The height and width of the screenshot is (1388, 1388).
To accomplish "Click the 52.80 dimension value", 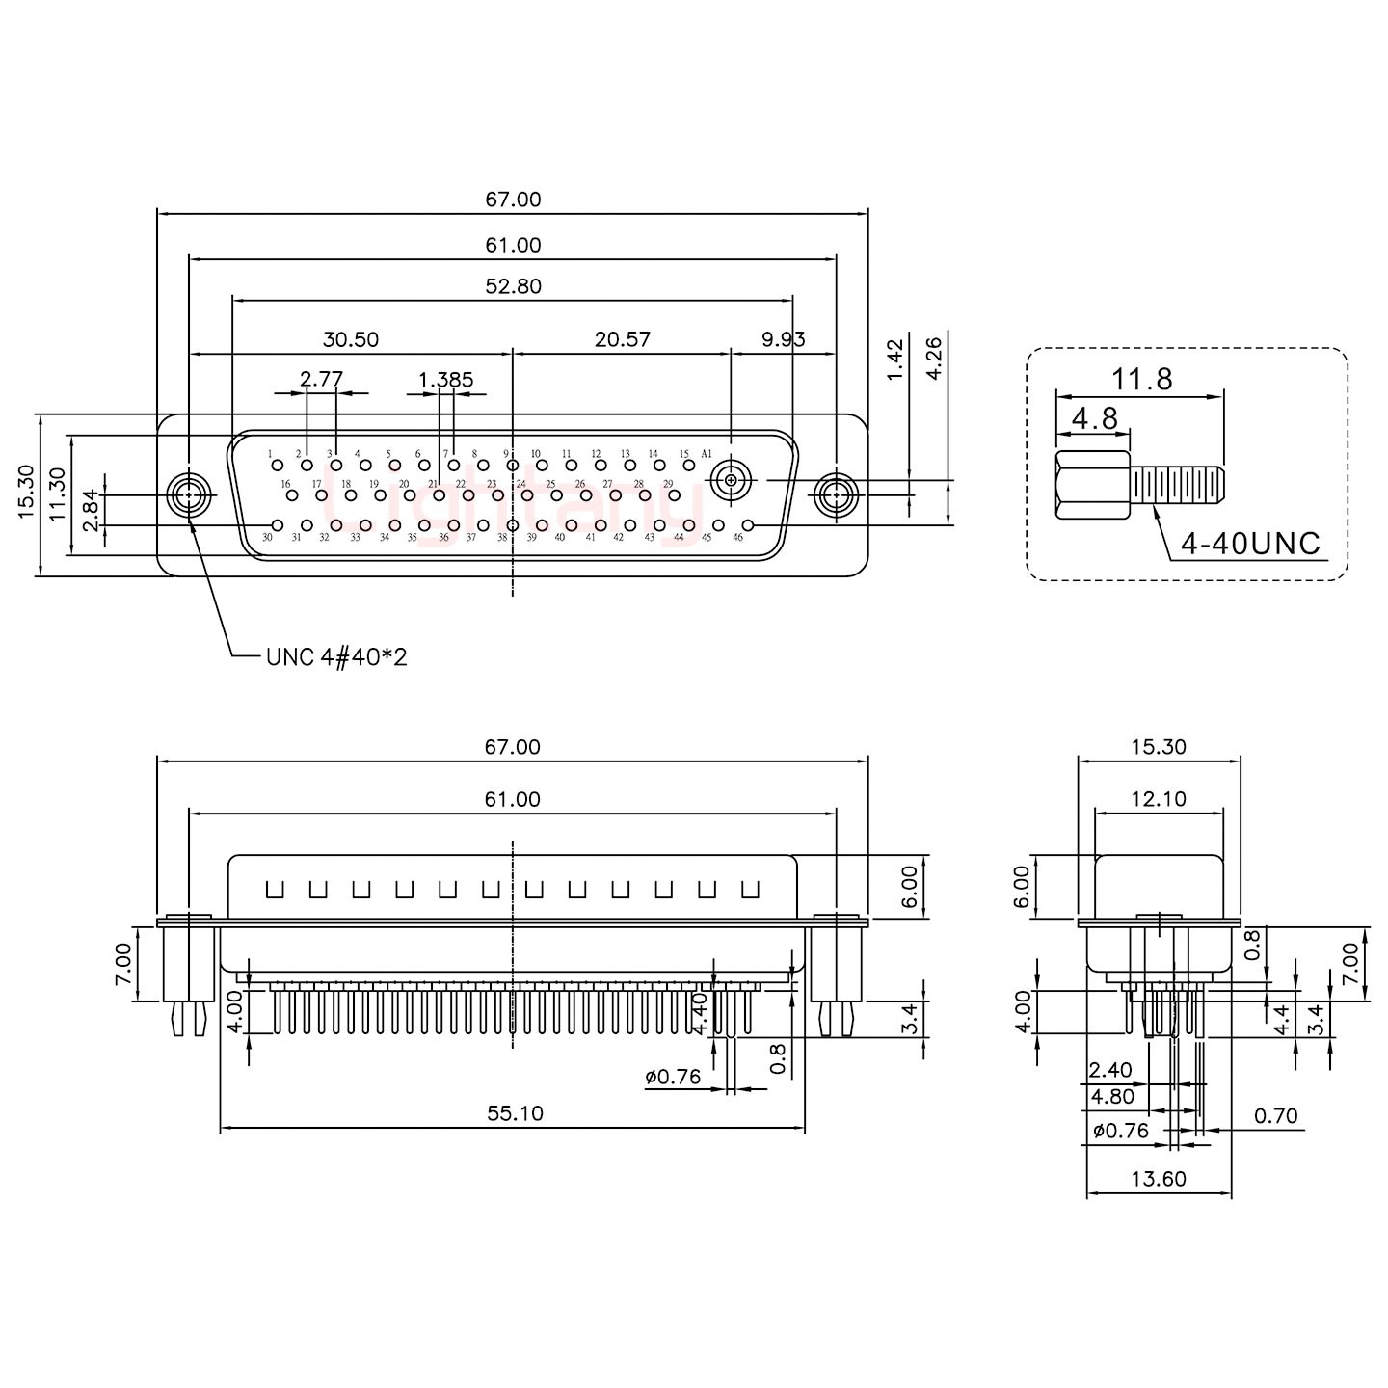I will (x=514, y=286).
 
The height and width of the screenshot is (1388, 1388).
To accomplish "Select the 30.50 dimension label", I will (x=350, y=339).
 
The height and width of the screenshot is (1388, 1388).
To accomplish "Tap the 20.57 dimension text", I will (x=622, y=339).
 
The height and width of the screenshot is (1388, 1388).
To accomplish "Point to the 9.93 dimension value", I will (x=783, y=339).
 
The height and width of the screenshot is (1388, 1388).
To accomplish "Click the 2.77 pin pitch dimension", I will (x=321, y=379).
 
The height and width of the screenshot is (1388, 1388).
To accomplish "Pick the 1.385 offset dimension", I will (x=446, y=379).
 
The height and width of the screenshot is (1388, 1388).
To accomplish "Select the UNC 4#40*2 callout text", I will (x=335, y=657).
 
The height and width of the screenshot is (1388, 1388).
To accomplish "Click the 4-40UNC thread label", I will (x=1250, y=544).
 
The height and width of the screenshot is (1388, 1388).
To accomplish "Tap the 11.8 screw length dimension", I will (x=1141, y=379).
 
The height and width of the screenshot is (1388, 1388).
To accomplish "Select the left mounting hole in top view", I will (x=188, y=496).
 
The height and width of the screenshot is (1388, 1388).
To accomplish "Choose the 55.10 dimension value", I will (x=514, y=1113).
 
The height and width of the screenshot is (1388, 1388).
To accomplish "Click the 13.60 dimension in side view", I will (x=1159, y=1179).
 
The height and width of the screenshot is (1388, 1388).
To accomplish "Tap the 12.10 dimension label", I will (x=1159, y=799).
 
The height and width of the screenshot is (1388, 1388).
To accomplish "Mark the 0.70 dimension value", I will (x=1276, y=1116).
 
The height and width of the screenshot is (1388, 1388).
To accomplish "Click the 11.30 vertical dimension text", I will (x=59, y=494).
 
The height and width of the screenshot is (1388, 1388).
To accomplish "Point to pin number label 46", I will (x=737, y=538).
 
